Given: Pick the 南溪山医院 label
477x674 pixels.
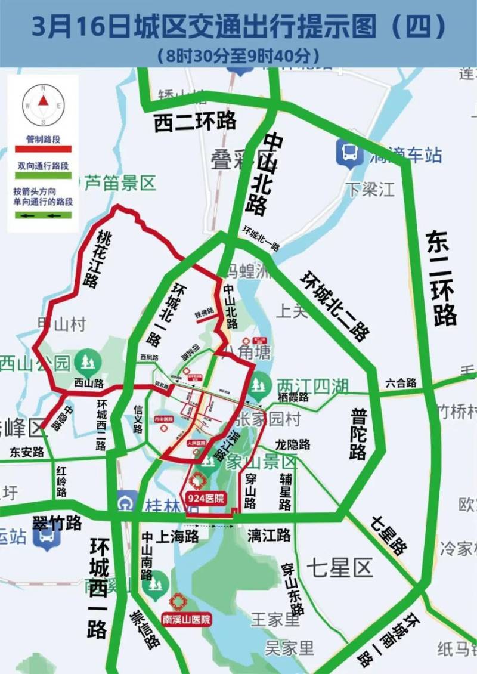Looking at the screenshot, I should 187,620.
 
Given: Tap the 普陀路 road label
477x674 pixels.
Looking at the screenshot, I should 358,434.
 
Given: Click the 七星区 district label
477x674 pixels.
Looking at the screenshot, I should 340,567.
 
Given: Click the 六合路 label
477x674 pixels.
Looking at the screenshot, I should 400,383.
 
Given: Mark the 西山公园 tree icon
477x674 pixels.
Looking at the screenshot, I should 88,362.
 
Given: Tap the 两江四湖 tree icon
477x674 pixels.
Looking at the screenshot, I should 258,387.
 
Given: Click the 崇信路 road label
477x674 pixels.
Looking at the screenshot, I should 145,630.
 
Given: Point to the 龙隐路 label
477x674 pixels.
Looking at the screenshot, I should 293,444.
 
